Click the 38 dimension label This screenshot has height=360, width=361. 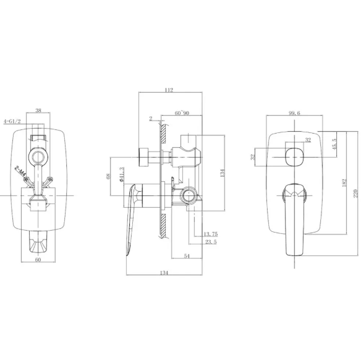(38, 110)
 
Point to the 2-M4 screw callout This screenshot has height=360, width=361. (20, 171)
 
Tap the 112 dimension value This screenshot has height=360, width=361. (169, 90)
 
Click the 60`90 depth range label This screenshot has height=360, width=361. (182, 113)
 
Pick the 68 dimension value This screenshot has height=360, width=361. (109, 176)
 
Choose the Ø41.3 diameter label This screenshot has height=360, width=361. (122, 174)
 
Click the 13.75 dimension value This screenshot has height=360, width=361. (211, 234)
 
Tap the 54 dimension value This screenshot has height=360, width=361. (187, 256)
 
